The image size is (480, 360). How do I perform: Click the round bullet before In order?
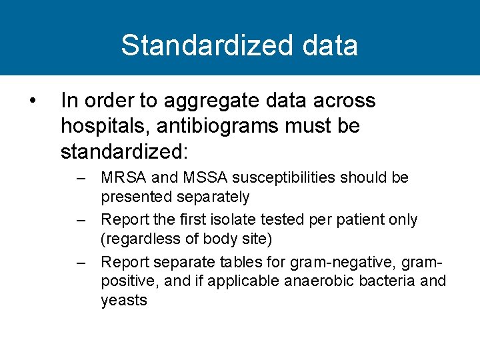pyautogui.click(x=32, y=101)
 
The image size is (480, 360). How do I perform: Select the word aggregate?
pyautogui.click(x=205, y=101)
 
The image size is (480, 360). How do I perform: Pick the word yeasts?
pyautogui.click(x=123, y=300)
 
